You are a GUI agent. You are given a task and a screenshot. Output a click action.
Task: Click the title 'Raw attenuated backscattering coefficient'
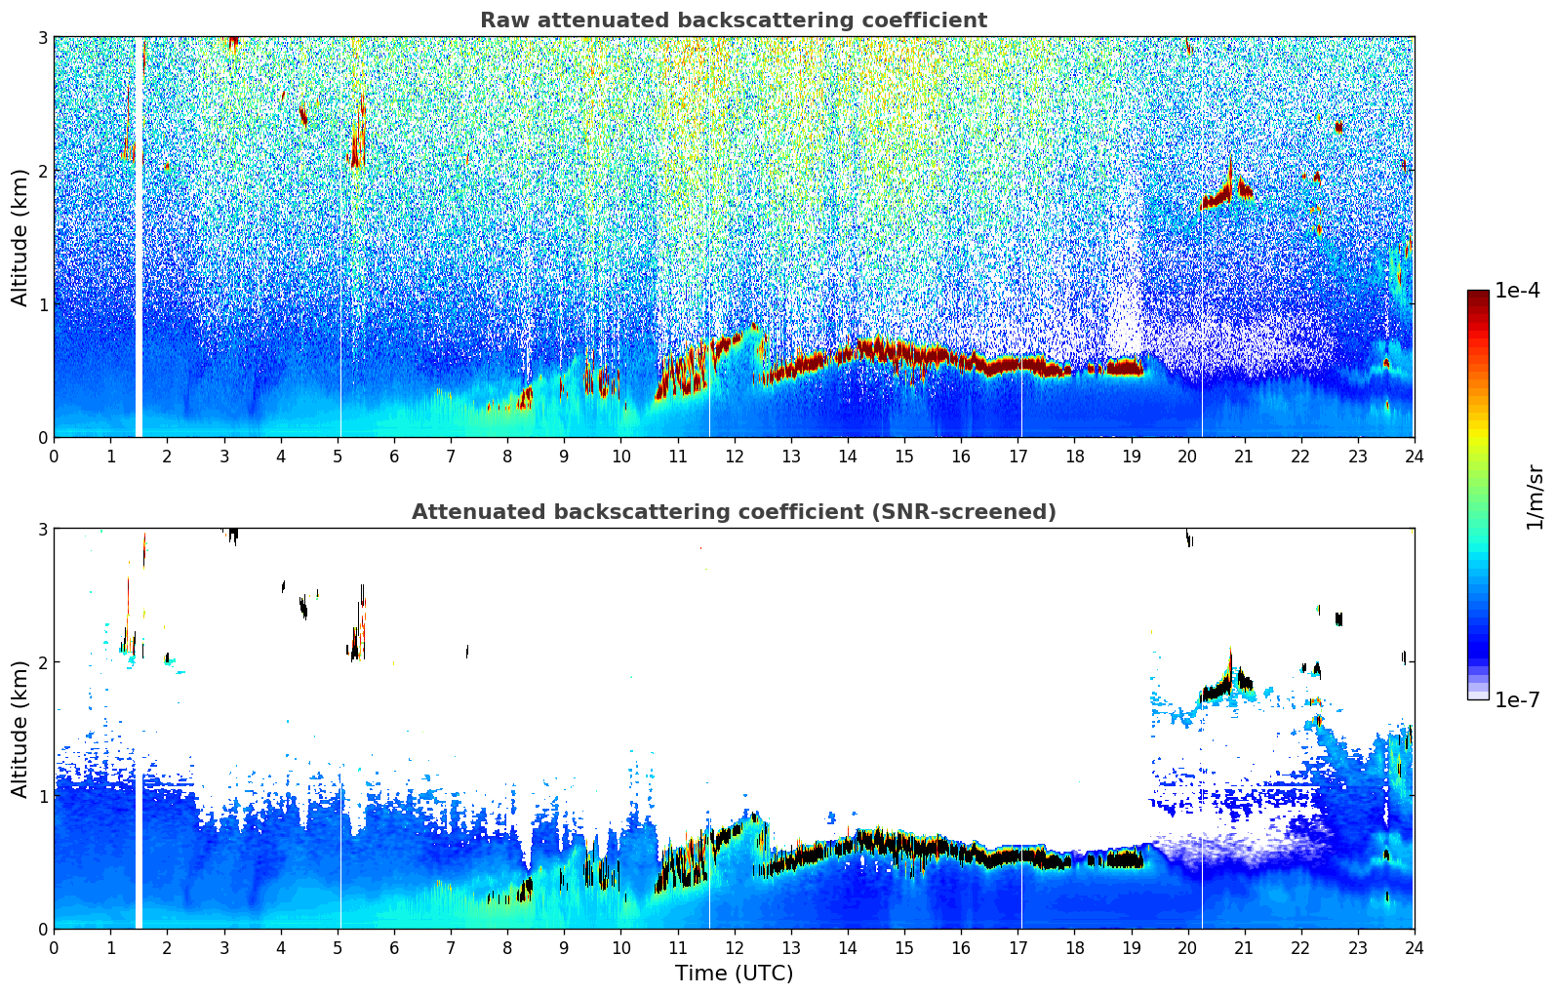tap(733, 20)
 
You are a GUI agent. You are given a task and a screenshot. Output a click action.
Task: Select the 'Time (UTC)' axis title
tap(734, 973)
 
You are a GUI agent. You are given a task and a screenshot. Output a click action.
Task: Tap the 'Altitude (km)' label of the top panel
tap(20, 237)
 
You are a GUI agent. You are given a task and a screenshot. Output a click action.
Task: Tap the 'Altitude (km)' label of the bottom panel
tap(20, 729)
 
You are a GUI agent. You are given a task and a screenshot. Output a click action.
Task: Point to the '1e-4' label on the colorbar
tap(1517, 291)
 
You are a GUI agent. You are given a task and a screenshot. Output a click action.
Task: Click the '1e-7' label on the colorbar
tap(1517, 699)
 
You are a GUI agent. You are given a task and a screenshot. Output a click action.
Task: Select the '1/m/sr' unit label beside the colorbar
tap(1535, 496)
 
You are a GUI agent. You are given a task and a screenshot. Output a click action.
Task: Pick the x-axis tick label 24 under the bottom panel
tap(1414, 947)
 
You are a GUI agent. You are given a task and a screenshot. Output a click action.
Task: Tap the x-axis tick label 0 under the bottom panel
tap(54, 947)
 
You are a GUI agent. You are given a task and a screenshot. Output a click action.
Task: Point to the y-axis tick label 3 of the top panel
tap(42, 37)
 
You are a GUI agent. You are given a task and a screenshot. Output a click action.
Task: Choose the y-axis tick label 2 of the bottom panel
tap(42, 662)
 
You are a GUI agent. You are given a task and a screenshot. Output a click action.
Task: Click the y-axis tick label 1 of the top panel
tap(42, 304)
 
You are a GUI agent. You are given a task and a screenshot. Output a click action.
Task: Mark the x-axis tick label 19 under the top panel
tap(1131, 456)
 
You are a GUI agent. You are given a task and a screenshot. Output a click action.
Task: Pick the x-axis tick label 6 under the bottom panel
tap(394, 947)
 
